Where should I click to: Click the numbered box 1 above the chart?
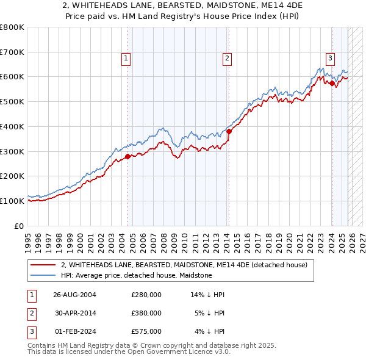click(x=126, y=59)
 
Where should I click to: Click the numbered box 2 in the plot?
click(x=226, y=59)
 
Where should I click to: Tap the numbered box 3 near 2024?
click(x=330, y=59)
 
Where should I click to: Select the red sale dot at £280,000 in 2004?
click(x=127, y=156)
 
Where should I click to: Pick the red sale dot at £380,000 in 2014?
click(x=229, y=131)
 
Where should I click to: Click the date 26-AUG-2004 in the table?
click(x=74, y=295)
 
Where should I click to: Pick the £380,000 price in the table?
click(x=146, y=313)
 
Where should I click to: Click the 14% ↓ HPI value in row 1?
click(x=208, y=295)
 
